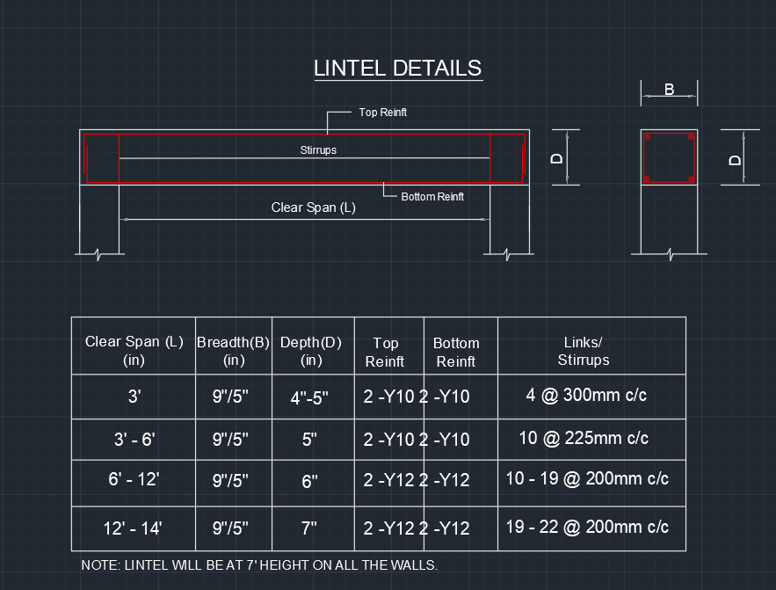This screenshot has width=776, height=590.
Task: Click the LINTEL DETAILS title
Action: tap(397, 69)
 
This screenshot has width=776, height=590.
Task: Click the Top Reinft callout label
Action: tap(382, 113)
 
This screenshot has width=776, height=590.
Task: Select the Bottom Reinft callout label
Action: tap(432, 197)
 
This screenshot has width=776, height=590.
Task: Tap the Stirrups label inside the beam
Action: tap(318, 150)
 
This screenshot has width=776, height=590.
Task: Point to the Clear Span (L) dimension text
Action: tap(314, 208)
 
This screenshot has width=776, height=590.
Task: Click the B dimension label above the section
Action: tap(669, 90)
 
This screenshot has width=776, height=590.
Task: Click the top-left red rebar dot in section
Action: tap(647, 138)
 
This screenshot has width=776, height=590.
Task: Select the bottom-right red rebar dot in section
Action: tap(692, 179)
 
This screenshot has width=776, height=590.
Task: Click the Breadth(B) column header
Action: tap(233, 351)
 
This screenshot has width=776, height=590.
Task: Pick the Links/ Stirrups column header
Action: tap(583, 351)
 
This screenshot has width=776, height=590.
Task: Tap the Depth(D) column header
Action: tap(310, 351)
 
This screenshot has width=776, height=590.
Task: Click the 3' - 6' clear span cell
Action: tap(134, 439)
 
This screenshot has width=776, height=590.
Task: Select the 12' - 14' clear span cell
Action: tap(133, 528)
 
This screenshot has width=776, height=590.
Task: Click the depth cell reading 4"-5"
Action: tap(309, 397)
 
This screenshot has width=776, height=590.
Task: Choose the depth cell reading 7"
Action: tap(309, 528)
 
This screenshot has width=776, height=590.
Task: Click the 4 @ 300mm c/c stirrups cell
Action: tap(586, 396)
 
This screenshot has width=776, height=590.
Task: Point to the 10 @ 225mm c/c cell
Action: tap(584, 438)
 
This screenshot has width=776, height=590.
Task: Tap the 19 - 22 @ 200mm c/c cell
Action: tap(587, 527)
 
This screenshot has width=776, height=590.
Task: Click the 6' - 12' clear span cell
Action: tap(134, 479)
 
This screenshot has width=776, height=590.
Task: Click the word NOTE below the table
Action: tap(98, 565)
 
